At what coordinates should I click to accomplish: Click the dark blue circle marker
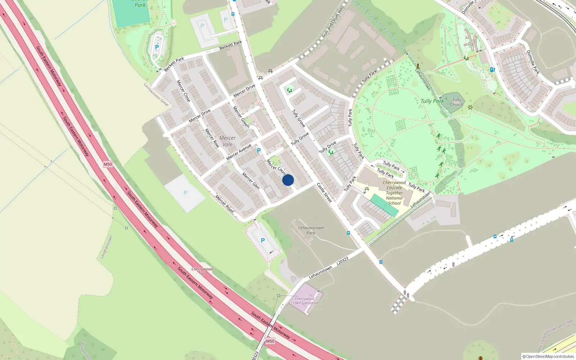(288, 180)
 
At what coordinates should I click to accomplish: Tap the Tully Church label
(456, 102)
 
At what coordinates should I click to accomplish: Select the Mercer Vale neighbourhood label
(228, 141)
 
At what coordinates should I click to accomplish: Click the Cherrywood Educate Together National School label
(394, 193)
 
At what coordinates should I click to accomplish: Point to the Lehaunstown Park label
(311, 230)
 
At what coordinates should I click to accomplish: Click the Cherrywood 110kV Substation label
(305, 301)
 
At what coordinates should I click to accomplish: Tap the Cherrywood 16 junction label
(202, 271)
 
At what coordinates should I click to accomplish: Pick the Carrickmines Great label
(156, 95)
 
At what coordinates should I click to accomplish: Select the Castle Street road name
(324, 192)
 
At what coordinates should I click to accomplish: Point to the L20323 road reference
(342, 261)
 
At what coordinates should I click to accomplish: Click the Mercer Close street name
(183, 91)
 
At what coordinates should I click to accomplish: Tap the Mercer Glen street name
(251, 181)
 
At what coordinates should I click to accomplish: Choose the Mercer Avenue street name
(239, 152)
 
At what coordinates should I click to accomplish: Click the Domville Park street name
(533, 62)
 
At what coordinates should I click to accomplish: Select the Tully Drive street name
(328, 147)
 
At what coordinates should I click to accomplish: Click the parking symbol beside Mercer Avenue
(258, 150)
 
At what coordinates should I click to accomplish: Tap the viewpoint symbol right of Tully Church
(470, 107)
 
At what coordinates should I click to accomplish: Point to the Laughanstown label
(106, 247)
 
